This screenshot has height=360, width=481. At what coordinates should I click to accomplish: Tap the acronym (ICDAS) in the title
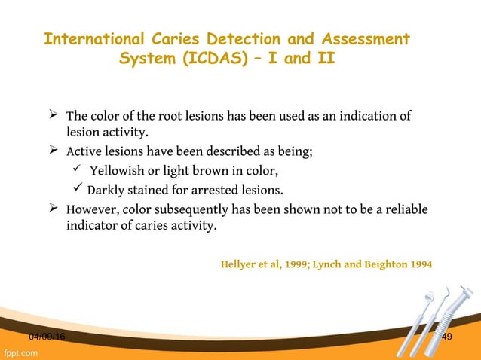pos(210,59)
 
